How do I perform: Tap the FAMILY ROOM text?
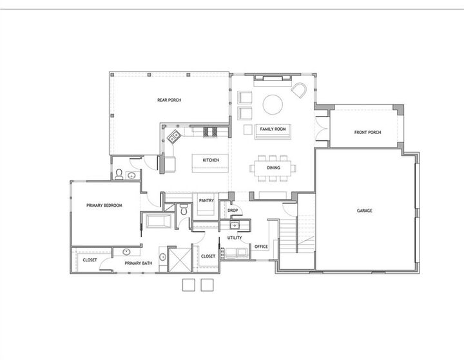(x=273, y=129)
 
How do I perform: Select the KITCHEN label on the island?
(x=211, y=160)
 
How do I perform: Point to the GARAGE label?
(x=365, y=211)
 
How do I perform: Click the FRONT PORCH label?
(x=367, y=133)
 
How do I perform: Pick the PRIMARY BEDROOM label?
(x=104, y=205)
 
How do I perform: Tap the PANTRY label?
(x=206, y=200)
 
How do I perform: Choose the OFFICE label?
(x=261, y=247)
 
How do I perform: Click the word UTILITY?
(x=234, y=238)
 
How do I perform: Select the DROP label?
(x=233, y=210)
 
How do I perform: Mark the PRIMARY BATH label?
(x=138, y=263)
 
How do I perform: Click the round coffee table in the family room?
(x=272, y=103)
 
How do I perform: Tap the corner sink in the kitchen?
(x=174, y=137)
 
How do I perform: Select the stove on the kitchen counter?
(x=211, y=132)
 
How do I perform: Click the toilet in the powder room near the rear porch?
(x=119, y=173)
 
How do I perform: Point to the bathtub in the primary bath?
(x=158, y=222)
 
